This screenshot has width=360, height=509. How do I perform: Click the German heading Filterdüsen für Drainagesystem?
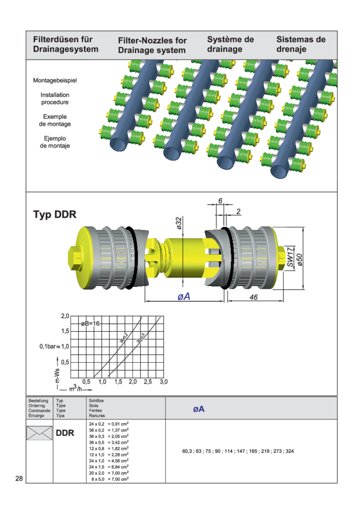[x=65, y=45]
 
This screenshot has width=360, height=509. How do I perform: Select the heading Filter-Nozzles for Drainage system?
[x=152, y=46]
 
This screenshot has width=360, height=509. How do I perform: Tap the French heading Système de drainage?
[x=231, y=45]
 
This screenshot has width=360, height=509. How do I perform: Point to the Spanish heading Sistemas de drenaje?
[x=301, y=45]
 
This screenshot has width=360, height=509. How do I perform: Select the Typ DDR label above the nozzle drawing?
[x=54, y=215]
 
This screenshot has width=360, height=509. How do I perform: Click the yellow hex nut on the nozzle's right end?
[x=281, y=257]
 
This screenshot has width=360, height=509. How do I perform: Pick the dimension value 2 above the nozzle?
[x=239, y=212]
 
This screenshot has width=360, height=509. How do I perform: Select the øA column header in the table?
[x=199, y=409]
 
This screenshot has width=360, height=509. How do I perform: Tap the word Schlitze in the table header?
[x=96, y=401]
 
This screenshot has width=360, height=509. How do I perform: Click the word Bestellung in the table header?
[x=38, y=401]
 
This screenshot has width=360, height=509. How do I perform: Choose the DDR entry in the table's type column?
[x=65, y=433]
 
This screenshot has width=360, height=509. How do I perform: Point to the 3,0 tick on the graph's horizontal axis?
[x=163, y=382]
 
